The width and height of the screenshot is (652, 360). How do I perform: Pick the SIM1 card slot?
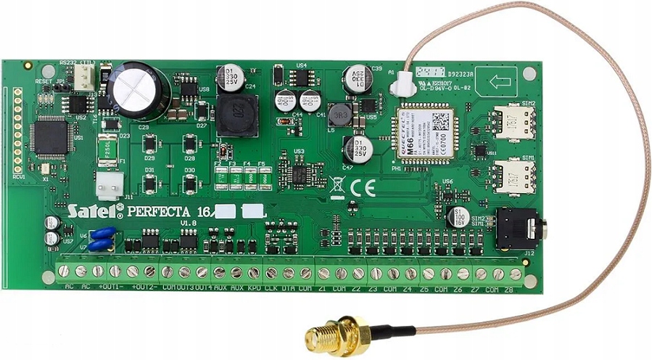(514, 177)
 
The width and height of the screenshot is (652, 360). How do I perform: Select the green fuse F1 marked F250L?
(109, 150)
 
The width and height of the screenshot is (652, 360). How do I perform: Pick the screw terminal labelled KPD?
(254, 273)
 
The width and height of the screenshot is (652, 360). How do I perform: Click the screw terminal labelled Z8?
(515, 274)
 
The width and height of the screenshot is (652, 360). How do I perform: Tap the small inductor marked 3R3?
(339, 114)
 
